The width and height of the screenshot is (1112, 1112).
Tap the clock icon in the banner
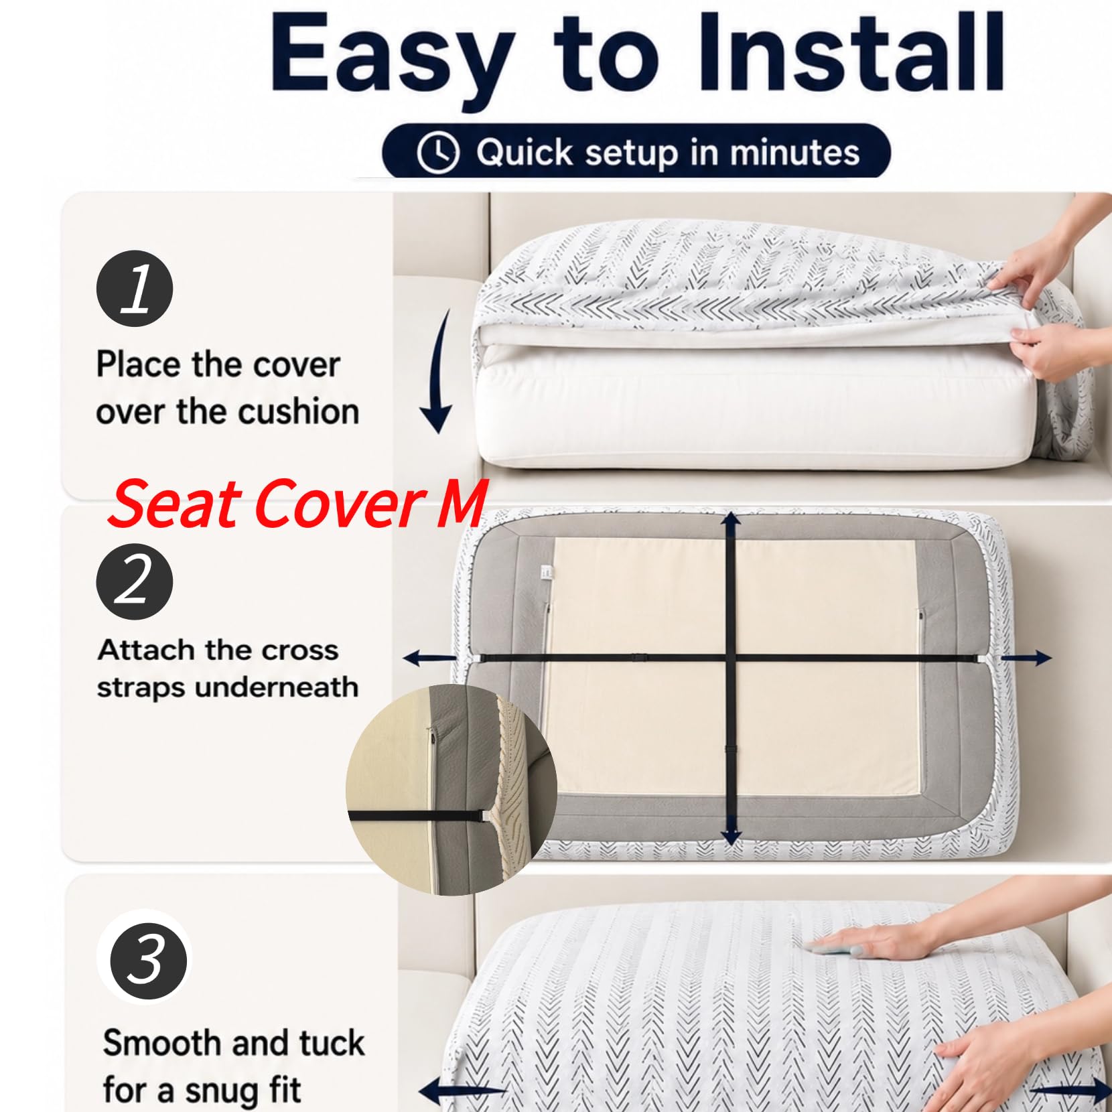(438, 152)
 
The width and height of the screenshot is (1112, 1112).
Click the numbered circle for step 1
(135, 289)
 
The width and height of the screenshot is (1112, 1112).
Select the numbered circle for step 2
(135, 581)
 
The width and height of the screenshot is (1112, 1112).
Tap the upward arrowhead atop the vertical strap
(731, 521)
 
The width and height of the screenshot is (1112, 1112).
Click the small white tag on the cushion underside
(546, 573)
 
